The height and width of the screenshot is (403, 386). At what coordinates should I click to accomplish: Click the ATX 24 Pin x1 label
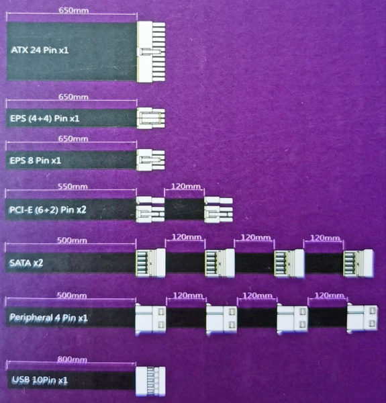[x=40, y=50]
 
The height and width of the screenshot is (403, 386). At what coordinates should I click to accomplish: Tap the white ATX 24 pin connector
[x=151, y=52]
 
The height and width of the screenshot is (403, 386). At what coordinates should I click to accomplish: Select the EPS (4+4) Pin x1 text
[x=45, y=118]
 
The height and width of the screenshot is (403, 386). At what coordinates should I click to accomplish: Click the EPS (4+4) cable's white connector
[x=151, y=118]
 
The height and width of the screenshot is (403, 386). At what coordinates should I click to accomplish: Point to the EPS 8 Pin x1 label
[x=36, y=161]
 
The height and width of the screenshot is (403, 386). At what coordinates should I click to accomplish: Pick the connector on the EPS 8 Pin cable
[x=150, y=160]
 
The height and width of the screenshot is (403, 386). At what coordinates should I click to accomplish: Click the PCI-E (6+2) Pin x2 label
[x=48, y=210]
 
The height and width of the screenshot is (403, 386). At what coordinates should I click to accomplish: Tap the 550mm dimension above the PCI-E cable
[x=73, y=186]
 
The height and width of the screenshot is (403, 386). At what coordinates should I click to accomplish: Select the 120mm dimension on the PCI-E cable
[x=185, y=186]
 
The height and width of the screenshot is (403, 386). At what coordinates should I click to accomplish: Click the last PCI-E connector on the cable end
[x=218, y=210]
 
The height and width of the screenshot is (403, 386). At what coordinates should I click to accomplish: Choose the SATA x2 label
[x=26, y=263]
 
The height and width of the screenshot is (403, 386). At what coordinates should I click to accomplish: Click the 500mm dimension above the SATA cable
[x=72, y=240]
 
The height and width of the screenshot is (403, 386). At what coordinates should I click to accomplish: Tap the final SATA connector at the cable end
[x=358, y=263]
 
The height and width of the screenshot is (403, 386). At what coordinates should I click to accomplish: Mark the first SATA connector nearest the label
[x=150, y=263]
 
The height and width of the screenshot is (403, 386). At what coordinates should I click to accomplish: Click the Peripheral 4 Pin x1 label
[x=48, y=318]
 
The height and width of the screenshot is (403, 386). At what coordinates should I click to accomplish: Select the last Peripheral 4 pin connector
[x=363, y=318]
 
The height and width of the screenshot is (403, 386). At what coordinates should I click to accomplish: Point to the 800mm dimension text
[x=73, y=359]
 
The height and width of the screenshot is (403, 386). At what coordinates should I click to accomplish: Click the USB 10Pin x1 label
[x=40, y=380]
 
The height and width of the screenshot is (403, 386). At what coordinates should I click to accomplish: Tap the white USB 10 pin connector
[x=150, y=381]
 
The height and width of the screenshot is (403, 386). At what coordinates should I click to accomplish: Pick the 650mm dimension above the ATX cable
[x=74, y=11]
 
